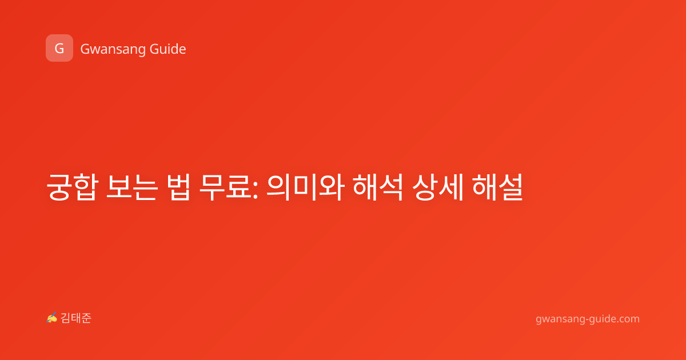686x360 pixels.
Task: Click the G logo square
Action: pos(59,48)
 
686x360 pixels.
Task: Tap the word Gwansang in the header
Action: pos(113,50)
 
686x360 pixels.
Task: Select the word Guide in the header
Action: pos(168,49)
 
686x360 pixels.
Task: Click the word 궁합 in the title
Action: pos(73,187)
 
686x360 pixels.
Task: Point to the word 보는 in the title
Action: pos(132,187)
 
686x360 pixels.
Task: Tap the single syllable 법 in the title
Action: pos(179,187)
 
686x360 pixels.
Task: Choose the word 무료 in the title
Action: pos(225,187)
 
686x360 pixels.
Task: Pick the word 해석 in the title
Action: pos(378,187)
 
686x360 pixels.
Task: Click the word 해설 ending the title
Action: pos(497,187)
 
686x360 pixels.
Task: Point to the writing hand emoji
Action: pos(51,318)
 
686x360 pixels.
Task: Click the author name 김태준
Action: pos(76,318)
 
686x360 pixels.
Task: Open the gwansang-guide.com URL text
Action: pos(588,319)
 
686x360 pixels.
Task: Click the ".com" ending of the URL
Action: pos(627,319)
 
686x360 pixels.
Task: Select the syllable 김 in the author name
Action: pos(66,318)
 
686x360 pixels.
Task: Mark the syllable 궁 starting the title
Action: pos(59,187)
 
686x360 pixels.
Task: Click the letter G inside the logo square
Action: pos(59,49)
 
